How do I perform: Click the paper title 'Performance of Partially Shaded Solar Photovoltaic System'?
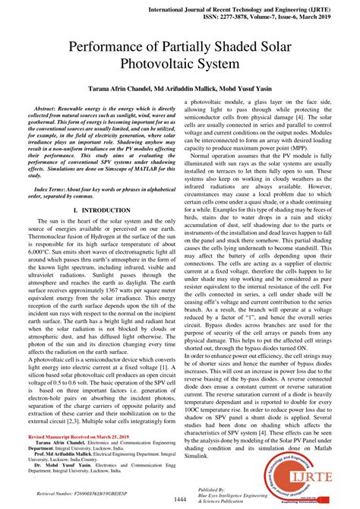pyautogui.click(x=180, y=55)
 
